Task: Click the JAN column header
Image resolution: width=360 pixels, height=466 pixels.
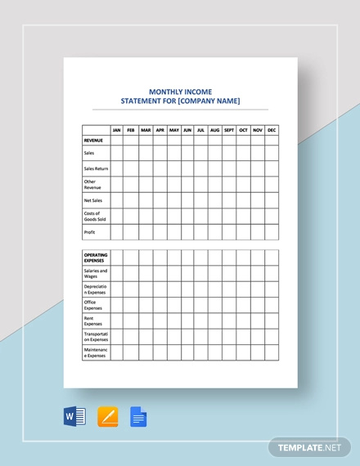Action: [117, 130]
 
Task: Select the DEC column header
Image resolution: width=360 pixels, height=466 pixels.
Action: [272, 130]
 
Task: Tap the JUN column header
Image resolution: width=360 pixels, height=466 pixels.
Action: [187, 130]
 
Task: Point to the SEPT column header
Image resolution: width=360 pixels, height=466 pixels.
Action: [229, 130]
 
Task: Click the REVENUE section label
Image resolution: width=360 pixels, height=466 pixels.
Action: [93, 140]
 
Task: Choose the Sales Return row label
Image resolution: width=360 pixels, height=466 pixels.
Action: [96, 168]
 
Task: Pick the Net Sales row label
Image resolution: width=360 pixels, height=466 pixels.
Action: [93, 200]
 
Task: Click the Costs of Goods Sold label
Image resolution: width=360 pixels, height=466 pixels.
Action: [95, 216]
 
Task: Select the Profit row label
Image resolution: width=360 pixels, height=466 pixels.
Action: [89, 232]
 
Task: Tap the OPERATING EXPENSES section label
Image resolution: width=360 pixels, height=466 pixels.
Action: [96, 258]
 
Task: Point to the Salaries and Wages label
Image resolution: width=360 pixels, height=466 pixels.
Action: [95, 273]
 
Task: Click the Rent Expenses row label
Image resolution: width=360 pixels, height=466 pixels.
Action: [94, 321]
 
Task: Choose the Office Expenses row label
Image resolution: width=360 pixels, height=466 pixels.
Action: [94, 305]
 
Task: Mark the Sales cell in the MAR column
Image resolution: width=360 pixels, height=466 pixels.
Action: [146, 153]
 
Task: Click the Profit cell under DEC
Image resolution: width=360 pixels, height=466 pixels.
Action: [272, 232]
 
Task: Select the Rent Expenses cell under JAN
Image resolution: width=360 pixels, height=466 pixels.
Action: [117, 321]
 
